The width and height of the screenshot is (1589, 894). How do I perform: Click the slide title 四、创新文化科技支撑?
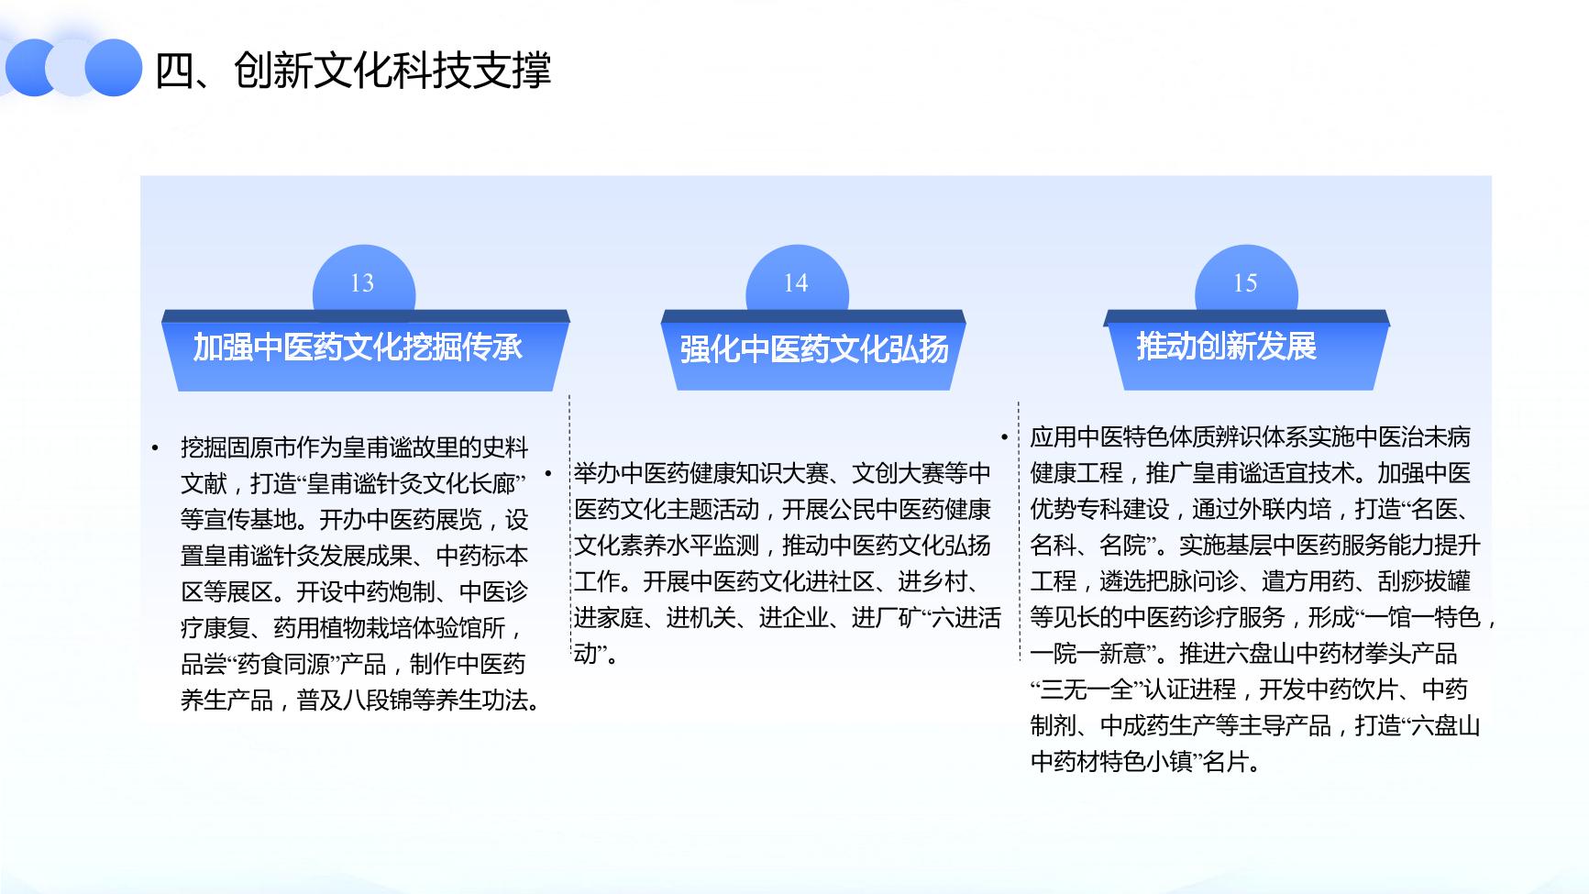353,70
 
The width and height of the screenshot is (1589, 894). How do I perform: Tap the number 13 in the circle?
362,283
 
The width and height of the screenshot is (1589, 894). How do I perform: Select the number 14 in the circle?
796,283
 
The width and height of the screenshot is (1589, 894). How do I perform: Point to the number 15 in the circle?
1245,283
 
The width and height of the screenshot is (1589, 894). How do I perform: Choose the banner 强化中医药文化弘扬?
813,349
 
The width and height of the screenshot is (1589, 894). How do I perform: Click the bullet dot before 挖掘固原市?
156,448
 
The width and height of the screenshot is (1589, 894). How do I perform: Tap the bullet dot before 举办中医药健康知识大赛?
548,474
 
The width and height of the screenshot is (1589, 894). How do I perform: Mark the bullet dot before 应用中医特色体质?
1005,437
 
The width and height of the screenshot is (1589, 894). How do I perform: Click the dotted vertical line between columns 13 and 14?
569,528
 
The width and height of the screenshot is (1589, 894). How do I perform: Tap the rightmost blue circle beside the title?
114,68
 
